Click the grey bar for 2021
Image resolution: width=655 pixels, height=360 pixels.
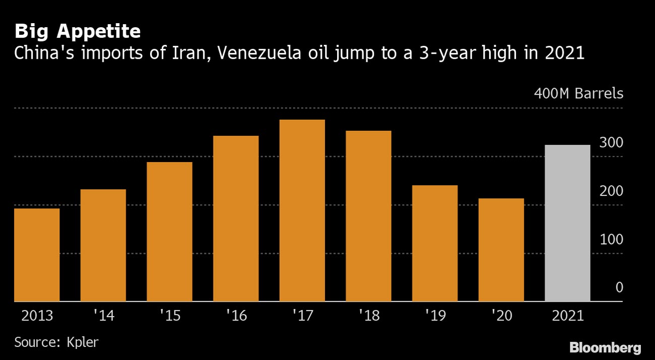pyautogui.click(x=567, y=224)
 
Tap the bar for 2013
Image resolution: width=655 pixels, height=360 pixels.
pyautogui.click(x=37, y=255)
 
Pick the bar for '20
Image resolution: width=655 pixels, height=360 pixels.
pyautogui.click(x=501, y=250)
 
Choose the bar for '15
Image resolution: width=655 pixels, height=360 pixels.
pyautogui.click(x=169, y=232)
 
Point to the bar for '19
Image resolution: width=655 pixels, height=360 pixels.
pyautogui.click(x=435, y=243)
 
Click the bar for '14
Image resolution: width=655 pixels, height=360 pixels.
pyautogui.click(x=103, y=245)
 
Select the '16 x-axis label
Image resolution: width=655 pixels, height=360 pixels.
pyautogui.click(x=236, y=316)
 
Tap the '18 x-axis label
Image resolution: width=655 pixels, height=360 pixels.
pyautogui.click(x=368, y=316)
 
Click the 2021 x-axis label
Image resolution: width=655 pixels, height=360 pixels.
pyautogui.click(x=567, y=316)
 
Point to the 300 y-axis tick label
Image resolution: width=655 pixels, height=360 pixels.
pyautogui.click(x=611, y=143)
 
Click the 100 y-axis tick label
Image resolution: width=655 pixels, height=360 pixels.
pyautogui.click(x=611, y=240)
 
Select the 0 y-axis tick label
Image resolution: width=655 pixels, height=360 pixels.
pyautogui.click(x=619, y=288)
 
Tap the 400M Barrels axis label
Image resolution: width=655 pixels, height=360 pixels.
pyautogui.click(x=578, y=94)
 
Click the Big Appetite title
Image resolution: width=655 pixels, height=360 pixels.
pyautogui.click(x=78, y=32)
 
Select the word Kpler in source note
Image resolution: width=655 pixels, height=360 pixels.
pyautogui.click(x=83, y=342)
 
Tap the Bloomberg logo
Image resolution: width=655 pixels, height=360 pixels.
pyautogui.click(x=605, y=347)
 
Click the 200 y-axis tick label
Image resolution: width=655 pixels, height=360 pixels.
pyautogui.click(x=611, y=191)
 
